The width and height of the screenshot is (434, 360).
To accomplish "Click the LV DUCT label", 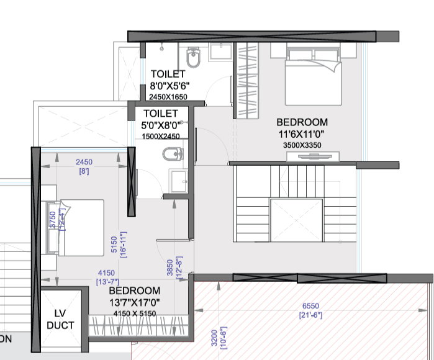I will [x=60, y=319].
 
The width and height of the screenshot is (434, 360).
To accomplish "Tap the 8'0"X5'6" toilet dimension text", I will [x=169, y=86].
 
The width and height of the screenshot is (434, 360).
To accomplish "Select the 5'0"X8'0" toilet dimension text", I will [x=160, y=126].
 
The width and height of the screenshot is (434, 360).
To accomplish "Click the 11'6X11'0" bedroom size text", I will [x=302, y=134].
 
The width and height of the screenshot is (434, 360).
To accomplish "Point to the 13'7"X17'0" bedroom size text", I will [x=134, y=302].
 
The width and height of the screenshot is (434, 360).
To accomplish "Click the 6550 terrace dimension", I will [x=311, y=307].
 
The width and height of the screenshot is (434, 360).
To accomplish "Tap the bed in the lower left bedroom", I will [x=73, y=227].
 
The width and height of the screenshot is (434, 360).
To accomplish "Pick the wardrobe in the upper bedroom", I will [x=247, y=79].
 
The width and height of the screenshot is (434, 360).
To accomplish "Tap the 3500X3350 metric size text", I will [x=302, y=145].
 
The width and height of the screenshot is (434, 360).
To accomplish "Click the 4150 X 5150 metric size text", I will [x=134, y=313].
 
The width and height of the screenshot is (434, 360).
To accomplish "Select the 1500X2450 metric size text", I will [x=160, y=137].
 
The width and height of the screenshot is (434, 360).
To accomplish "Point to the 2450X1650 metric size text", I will [x=168, y=97].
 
